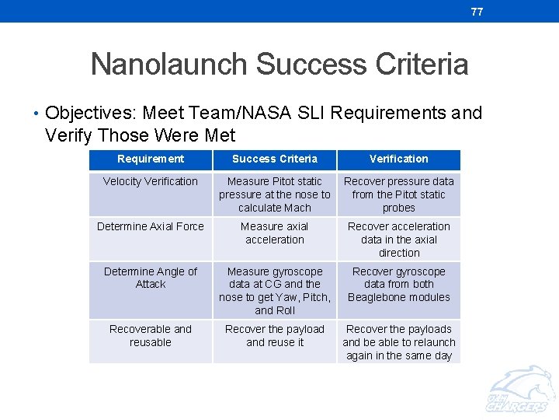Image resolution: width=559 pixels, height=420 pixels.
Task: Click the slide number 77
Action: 477,12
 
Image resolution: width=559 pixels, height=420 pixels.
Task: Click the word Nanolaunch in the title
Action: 168,65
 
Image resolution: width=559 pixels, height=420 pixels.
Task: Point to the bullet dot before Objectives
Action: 36,114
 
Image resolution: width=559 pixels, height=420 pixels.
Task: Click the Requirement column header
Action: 151,159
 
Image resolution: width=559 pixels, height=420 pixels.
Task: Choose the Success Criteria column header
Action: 275,159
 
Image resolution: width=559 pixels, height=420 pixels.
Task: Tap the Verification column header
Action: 399,159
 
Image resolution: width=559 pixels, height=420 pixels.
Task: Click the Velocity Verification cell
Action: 151,182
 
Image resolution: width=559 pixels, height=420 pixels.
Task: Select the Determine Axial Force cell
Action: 151,227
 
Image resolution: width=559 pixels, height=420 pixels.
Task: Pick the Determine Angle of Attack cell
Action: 151,278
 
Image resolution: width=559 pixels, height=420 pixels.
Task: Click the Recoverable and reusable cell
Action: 151,335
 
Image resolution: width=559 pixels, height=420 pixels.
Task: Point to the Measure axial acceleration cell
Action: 275,233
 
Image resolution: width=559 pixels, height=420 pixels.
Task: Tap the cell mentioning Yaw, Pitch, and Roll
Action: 275,291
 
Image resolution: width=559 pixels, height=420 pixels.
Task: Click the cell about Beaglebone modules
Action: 399,285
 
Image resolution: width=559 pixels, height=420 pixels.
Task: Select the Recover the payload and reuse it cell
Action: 275,335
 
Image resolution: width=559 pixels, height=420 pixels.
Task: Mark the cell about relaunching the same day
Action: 399,342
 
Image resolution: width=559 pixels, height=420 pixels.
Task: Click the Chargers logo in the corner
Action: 518,392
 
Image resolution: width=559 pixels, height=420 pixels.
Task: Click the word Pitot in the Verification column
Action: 411,195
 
